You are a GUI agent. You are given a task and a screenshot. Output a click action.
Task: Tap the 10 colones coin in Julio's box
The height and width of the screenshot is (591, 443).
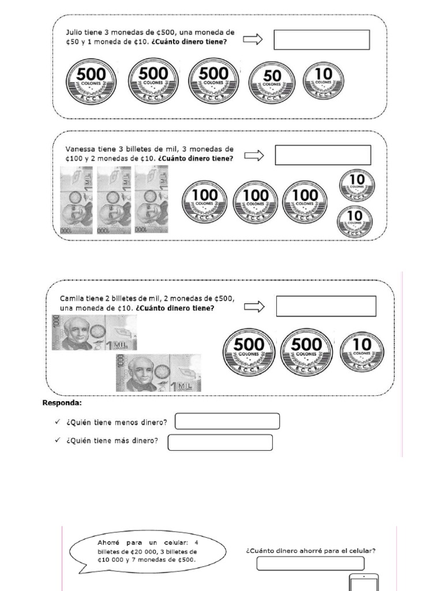click(323, 80)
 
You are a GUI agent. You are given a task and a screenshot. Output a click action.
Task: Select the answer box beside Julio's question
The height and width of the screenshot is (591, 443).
click(321, 40)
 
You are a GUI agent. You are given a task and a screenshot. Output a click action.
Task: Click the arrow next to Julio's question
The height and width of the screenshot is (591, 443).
click(253, 39)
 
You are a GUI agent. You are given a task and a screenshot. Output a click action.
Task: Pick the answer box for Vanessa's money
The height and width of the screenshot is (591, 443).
click(322, 155)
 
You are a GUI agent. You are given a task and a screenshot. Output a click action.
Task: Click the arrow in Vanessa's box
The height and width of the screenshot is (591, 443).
click(254, 155)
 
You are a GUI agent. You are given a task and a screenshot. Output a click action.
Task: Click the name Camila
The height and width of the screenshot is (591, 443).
click(73, 298)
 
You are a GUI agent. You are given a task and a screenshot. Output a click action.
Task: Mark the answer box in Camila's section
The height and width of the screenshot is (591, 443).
click(326, 306)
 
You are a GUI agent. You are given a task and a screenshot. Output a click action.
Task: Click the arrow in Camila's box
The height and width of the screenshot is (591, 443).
click(254, 306)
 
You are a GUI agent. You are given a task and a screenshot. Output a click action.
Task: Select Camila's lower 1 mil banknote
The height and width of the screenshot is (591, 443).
click(158, 372)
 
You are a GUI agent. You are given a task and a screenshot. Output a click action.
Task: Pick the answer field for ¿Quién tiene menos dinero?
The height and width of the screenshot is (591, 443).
click(227, 422)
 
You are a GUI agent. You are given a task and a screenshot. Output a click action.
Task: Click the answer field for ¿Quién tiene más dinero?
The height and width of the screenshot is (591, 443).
click(220, 442)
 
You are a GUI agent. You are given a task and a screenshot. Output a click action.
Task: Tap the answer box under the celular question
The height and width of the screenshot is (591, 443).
click(310, 563)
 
